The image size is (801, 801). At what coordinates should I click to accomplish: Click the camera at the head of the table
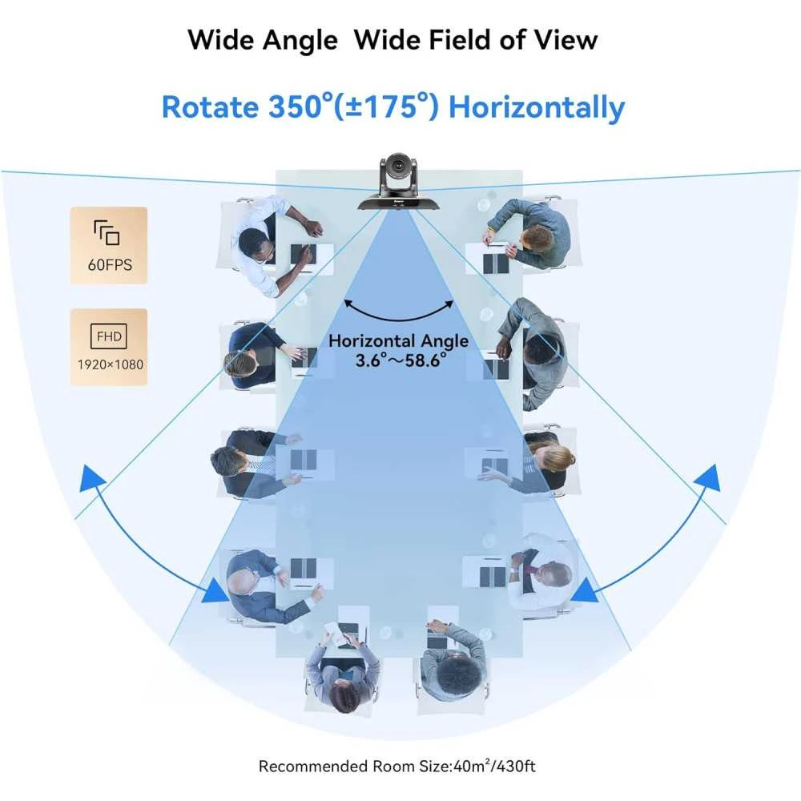pyautogui.click(x=397, y=183)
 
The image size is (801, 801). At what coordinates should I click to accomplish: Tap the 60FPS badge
pyautogui.click(x=108, y=245)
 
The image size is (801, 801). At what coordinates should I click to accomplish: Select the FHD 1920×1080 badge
pyautogui.click(x=109, y=347)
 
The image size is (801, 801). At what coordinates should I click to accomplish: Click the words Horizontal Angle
pyautogui.click(x=399, y=340)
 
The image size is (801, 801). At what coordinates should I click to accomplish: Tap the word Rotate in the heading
pyautogui.click(x=204, y=107)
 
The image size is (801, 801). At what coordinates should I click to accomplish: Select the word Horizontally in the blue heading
pyautogui.click(x=536, y=107)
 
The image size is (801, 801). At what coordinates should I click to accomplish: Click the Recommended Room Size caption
pyautogui.click(x=397, y=766)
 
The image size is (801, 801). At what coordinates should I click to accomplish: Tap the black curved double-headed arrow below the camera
pyautogui.click(x=399, y=308)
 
